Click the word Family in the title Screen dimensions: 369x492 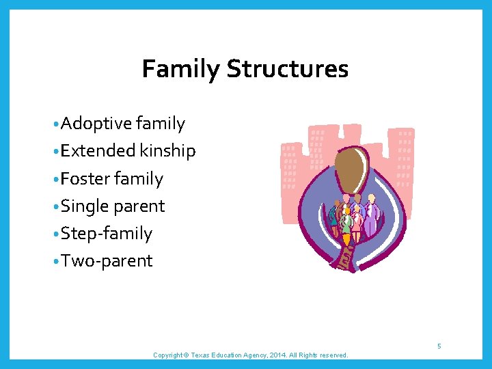click(x=181, y=69)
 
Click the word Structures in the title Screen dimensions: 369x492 click(x=287, y=69)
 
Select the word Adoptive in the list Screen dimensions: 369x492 click(x=96, y=124)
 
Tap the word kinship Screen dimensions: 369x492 click(x=167, y=151)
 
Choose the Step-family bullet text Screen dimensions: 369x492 click(x=106, y=234)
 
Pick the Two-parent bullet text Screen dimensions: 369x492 click(x=106, y=261)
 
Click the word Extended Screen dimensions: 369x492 click(x=98, y=151)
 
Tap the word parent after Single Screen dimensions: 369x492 click(x=139, y=206)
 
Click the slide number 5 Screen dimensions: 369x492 click(x=439, y=346)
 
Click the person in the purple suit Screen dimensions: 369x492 click(x=371, y=217)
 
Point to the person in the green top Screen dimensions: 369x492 click(x=347, y=223)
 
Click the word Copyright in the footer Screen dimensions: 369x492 click(x=168, y=355)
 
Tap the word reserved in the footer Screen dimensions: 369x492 click(x=333, y=355)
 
